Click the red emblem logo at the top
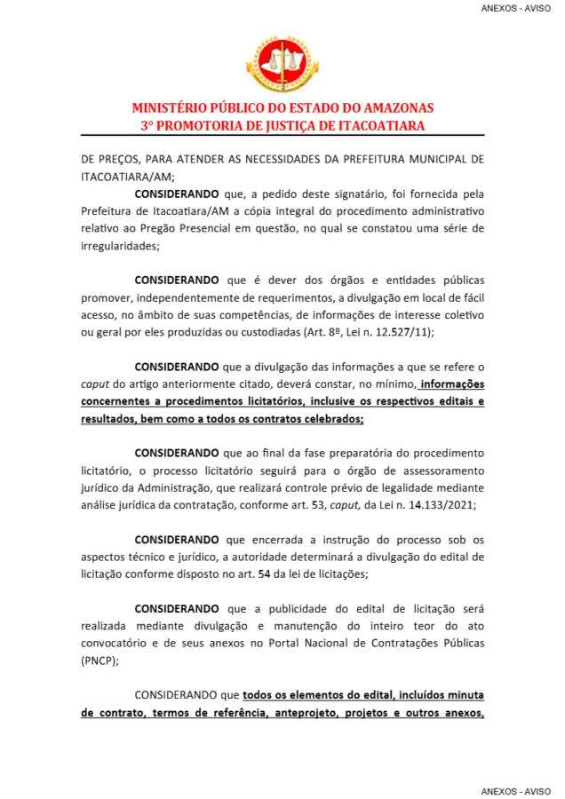coord(282,63)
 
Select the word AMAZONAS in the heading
coord(393,108)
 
